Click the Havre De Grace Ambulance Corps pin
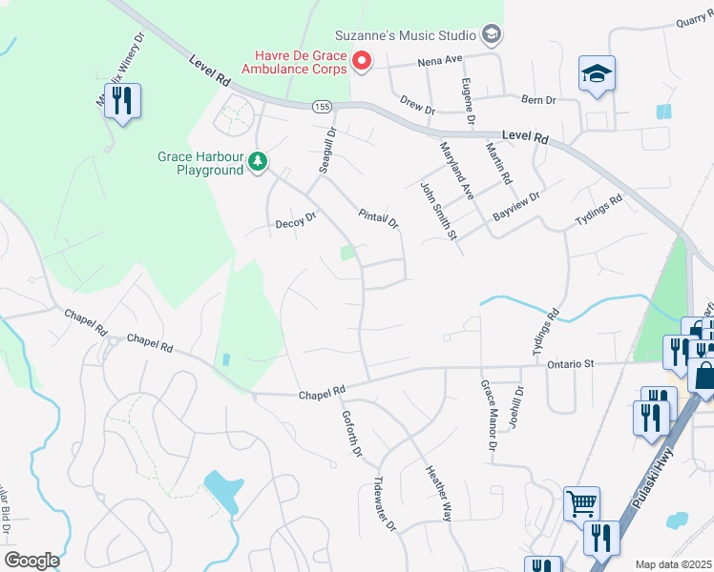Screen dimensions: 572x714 click(362, 62)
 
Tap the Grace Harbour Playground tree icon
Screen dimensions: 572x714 click(257, 163)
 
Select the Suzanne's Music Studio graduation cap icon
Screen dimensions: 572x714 click(492, 35)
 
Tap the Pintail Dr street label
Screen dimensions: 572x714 click(378, 218)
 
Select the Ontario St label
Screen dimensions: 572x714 click(572, 363)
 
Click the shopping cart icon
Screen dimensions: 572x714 click(581, 501)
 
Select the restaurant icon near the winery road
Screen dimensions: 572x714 click(122, 100)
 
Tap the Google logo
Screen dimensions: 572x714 click(31, 561)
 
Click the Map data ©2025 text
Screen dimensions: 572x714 click(672, 564)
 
